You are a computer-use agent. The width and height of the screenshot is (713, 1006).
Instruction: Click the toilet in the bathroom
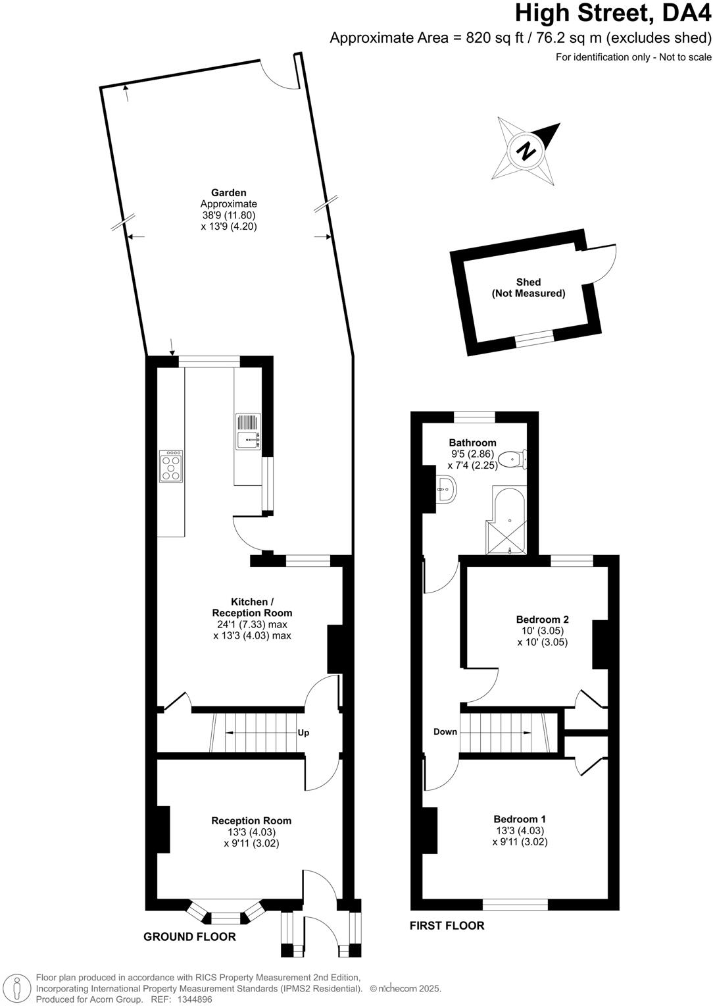coord(511,459)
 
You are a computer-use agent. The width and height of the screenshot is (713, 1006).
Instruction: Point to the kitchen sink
coord(248,431)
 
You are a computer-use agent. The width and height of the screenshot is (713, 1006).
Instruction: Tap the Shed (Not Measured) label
coord(528,288)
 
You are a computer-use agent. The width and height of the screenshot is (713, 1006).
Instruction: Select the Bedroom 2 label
coord(542,620)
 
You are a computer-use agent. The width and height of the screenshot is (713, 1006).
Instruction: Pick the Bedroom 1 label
coord(520,819)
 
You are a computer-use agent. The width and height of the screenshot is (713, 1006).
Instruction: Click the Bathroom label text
coord(472,442)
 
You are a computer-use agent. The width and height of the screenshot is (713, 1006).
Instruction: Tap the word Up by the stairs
coord(303,733)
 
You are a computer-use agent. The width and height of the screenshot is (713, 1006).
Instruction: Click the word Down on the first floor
coord(445,732)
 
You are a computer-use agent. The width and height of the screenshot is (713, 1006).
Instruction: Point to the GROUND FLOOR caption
coord(189,937)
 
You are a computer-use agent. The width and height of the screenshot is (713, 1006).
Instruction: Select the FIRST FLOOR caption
coord(447,926)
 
